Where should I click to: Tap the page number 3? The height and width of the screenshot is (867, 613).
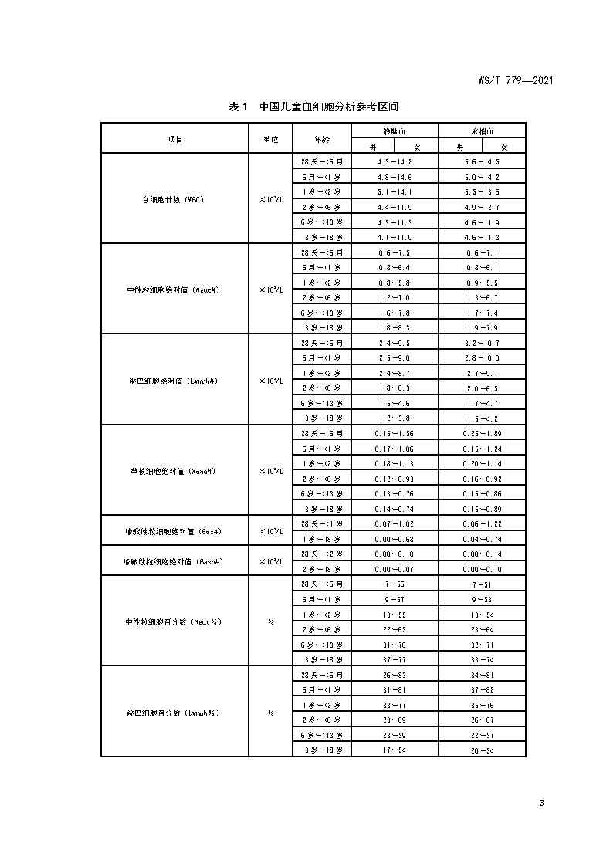coord(542,803)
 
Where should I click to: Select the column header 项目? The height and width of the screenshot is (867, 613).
coord(175,139)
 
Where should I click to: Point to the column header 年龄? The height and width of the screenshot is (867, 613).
coord(321,139)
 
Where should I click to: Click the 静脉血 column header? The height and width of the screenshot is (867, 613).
coord(395,131)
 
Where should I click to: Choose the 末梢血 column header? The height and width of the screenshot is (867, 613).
coord(482,131)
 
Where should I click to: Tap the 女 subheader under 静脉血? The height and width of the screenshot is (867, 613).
coord(416,147)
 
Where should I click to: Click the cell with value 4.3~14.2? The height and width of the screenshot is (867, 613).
coord(395,162)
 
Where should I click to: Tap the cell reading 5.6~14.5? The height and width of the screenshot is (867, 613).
coord(482,162)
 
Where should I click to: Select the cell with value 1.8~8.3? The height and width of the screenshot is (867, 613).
coord(395,327)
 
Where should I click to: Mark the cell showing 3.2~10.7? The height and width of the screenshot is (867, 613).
coord(482,343)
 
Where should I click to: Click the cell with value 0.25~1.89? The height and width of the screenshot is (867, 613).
coord(482,433)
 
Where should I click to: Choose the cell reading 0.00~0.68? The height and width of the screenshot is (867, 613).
coord(395,538)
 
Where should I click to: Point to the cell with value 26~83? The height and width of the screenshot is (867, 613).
coord(395,674)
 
